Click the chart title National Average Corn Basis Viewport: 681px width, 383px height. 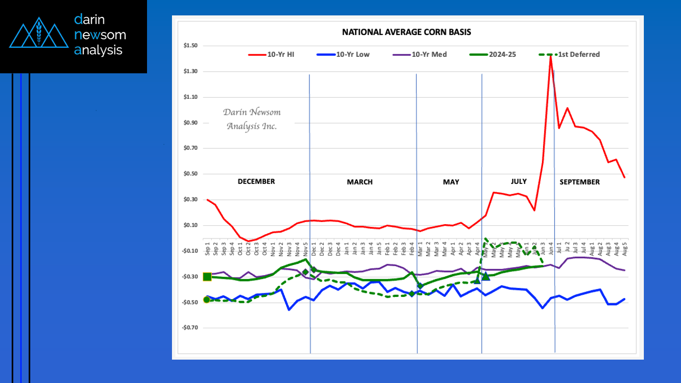click(406, 32)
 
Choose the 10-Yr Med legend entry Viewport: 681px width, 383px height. click(429, 54)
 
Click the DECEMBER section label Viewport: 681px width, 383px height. click(256, 182)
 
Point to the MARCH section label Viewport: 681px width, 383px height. click(360, 182)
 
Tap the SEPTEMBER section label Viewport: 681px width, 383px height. click(580, 182)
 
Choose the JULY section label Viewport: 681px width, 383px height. click(519, 182)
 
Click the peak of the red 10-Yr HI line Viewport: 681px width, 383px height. click(550, 55)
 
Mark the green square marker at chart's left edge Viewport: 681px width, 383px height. click(207, 277)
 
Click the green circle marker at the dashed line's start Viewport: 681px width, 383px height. click(206, 300)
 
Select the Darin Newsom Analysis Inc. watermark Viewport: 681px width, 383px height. click(252, 119)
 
